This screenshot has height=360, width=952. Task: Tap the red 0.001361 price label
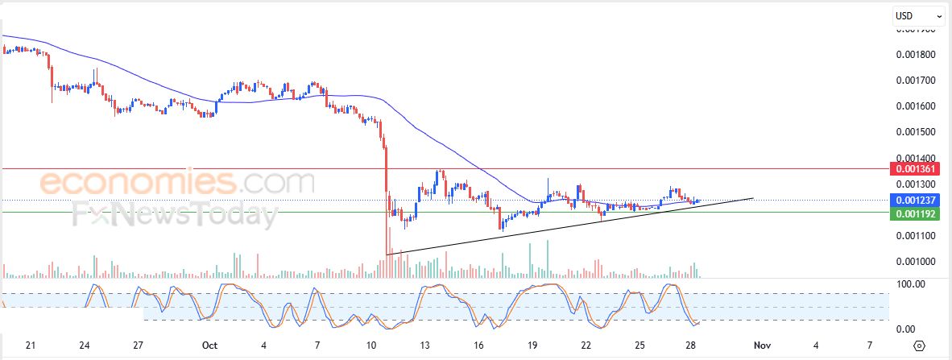(915, 169)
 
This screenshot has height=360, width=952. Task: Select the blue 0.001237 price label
(915, 201)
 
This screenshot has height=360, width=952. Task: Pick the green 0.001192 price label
(915, 213)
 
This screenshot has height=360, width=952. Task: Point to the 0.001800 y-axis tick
(916, 55)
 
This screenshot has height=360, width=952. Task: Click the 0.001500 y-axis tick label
(916, 132)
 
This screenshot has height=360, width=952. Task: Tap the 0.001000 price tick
(916, 261)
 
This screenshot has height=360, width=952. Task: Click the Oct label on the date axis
(210, 346)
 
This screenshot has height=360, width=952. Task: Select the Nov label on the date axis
(762, 346)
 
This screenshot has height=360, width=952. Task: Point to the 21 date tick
(31, 346)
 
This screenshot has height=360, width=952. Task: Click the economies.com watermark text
(177, 182)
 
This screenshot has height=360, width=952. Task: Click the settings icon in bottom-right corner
(920, 346)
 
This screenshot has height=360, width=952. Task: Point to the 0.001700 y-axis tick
(916, 81)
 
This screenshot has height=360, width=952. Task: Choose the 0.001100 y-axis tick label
(916, 235)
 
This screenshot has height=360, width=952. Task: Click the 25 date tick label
(639, 346)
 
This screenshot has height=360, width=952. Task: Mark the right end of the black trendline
(753, 197)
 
